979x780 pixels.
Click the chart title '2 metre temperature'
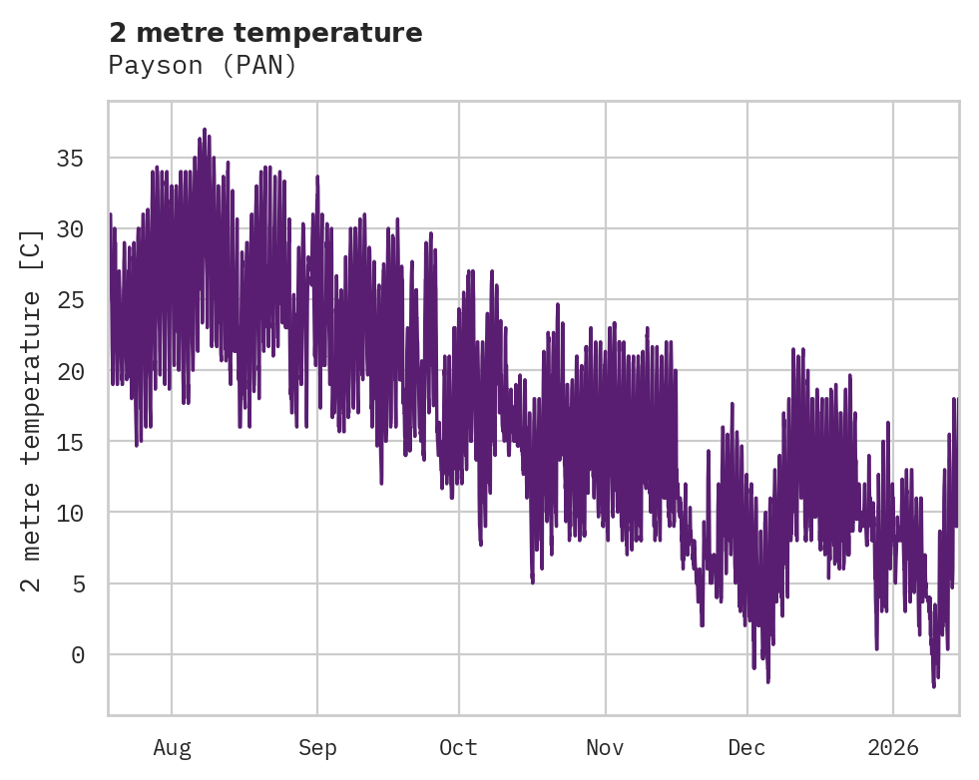click(x=265, y=33)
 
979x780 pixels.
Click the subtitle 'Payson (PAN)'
click(x=203, y=66)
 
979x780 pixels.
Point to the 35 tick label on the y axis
click(x=70, y=158)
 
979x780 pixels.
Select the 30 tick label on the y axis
click(x=70, y=228)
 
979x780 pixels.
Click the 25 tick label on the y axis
click(x=70, y=299)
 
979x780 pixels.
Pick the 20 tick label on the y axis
click(x=70, y=370)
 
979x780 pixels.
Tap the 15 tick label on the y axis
click(x=70, y=441)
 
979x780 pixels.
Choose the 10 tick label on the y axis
click(x=70, y=512)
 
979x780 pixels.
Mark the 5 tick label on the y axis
click(x=77, y=583)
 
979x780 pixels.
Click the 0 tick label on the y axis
click(x=77, y=654)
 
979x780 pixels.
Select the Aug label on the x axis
click(x=172, y=747)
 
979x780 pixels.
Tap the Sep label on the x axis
click(x=317, y=747)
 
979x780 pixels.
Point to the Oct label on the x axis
click(x=459, y=747)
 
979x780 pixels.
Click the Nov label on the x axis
click(x=606, y=747)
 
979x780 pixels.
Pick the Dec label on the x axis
click(x=747, y=747)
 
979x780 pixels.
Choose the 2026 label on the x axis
click(x=893, y=747)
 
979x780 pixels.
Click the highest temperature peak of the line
click(x=205, y=130)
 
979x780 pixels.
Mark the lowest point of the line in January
click(x=934, y=686)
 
